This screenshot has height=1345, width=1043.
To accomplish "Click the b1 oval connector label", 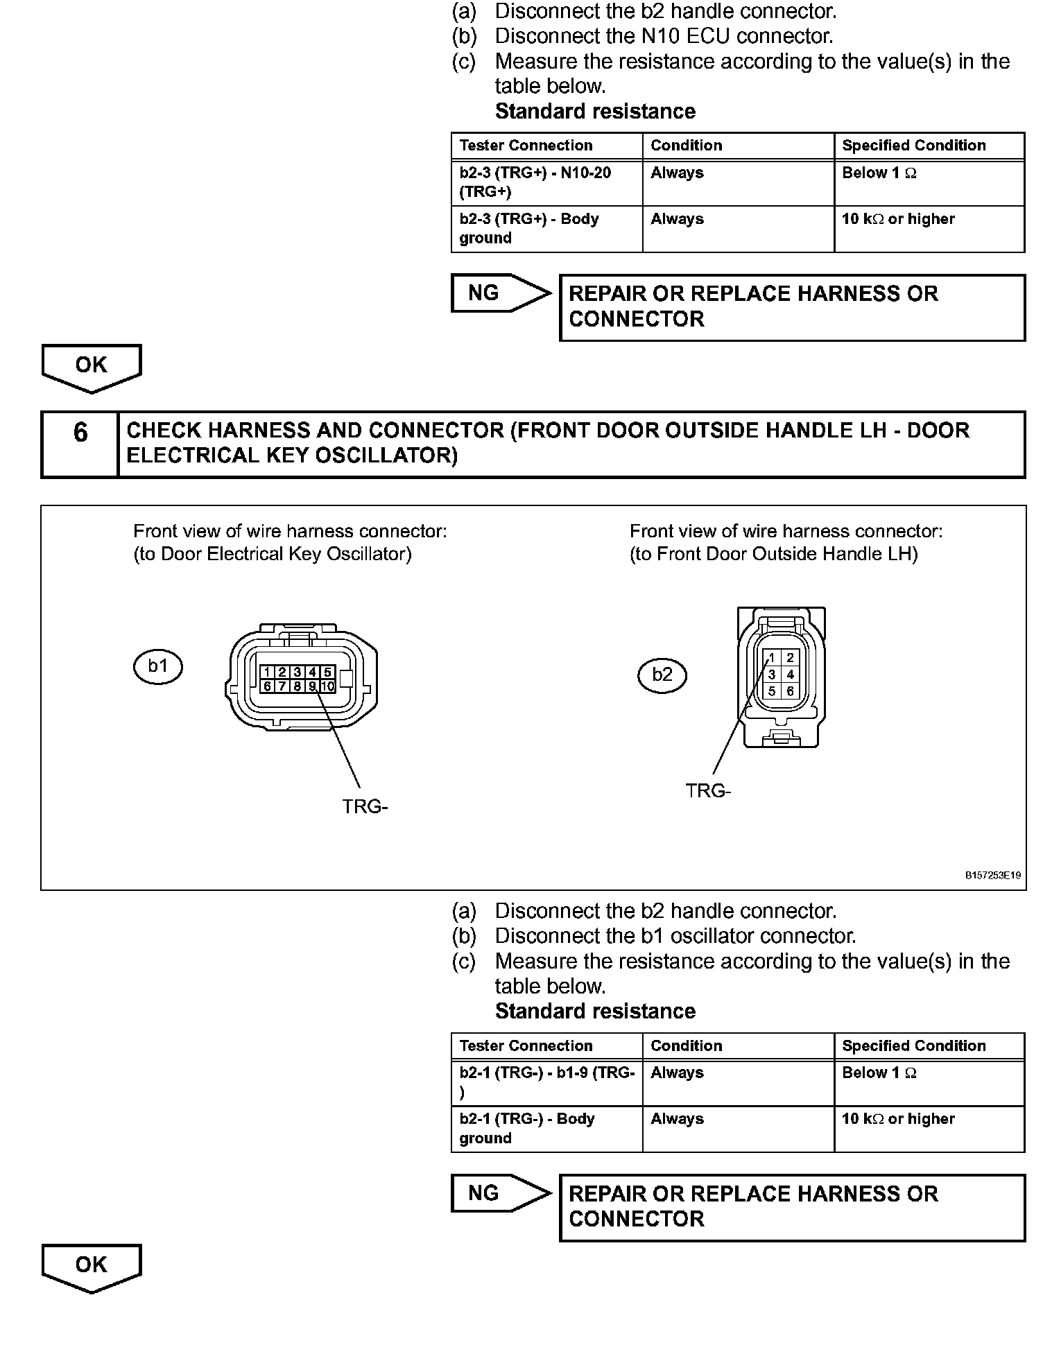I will [158, 667].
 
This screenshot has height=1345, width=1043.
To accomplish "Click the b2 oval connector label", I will [662, 675].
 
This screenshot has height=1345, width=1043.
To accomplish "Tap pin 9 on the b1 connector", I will [313, 686].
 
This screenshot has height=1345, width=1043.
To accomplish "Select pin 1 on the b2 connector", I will [771, 658].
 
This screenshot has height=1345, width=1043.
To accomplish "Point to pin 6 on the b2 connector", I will [790, 691].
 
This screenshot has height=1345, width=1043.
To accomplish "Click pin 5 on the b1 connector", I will [327, 672].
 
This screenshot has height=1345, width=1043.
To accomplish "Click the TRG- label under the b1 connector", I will [365, 807].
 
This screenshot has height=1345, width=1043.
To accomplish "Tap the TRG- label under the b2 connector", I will [708, 791].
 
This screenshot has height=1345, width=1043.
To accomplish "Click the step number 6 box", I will [80, 433].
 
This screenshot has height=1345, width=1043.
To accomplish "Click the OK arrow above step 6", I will [92, 366].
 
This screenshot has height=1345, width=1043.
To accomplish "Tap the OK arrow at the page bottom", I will [92, 1266].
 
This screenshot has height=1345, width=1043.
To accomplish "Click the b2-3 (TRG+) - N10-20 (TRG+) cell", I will [546, 182].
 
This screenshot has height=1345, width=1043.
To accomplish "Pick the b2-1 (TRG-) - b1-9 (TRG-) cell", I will [546, 1082].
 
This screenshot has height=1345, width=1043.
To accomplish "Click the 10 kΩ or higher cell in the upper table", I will [929, 229].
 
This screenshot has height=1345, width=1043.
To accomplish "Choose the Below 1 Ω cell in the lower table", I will [929, 1082].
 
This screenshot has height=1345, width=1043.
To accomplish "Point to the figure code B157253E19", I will [993, 876].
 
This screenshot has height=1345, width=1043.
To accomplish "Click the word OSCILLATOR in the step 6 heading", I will [382, 455].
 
